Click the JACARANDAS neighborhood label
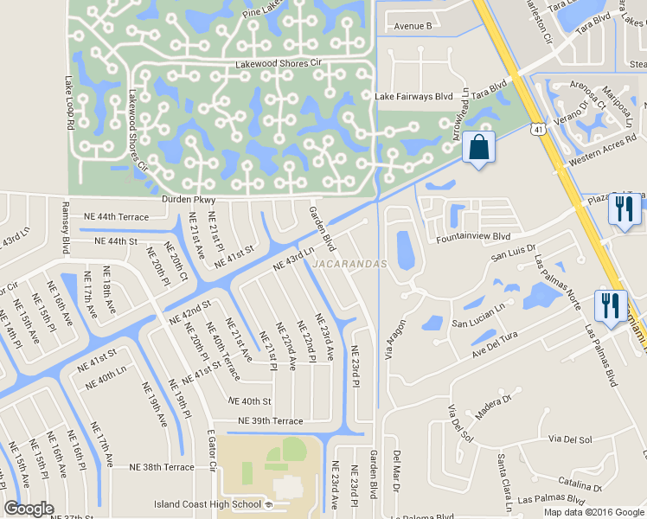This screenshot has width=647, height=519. coord(349,264)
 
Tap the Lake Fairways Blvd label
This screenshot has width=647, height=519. coord(414,97)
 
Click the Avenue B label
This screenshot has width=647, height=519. coord(413,26)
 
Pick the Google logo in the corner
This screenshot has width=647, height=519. coord(29,509)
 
